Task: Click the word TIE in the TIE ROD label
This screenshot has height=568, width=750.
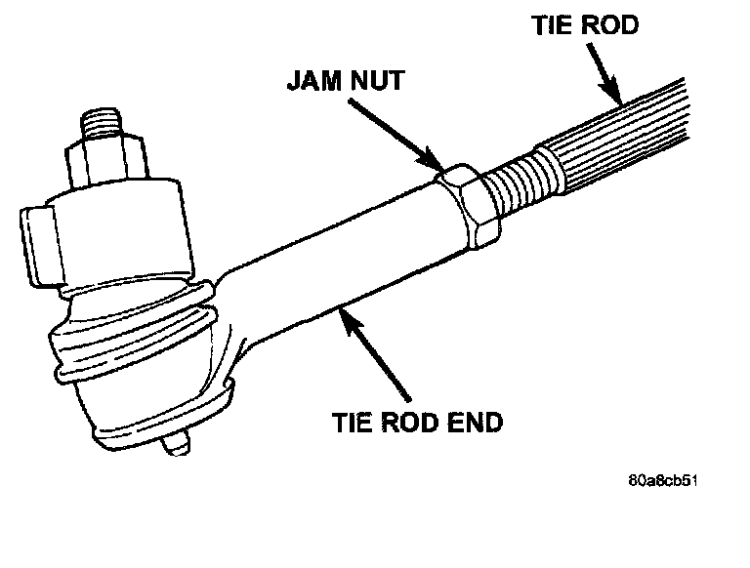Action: (551, 25)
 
